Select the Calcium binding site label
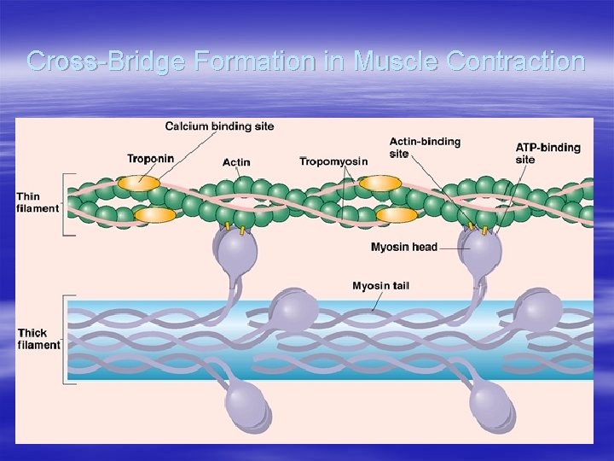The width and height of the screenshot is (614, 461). (x=219, y=126)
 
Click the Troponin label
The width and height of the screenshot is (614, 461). (x=150, y=158)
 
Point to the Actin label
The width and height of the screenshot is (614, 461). (x=236, y=162)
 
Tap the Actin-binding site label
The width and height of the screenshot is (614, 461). (x=424, y=147)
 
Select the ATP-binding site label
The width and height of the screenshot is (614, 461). (x=547, y=153)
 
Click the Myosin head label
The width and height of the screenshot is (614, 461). (x=403, y=248)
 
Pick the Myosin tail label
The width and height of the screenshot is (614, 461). (x=380, y=285)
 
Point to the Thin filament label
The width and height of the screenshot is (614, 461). (x=38, y=202)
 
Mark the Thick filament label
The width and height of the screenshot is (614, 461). (x=38, y=339)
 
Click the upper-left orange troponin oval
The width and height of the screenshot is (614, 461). (x=138, y=182)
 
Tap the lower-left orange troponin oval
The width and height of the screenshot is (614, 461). (x=153, y=215)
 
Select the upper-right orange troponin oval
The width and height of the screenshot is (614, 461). (x=380, y=183)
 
